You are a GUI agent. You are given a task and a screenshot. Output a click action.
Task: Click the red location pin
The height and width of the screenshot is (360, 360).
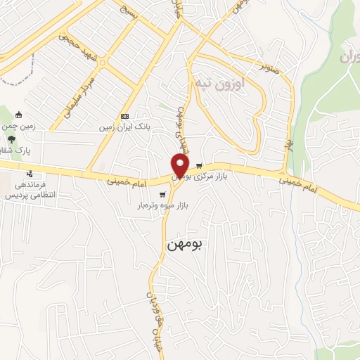click(181, 165)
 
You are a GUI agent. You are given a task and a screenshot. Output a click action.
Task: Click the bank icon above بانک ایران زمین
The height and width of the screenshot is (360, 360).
click(124, 116)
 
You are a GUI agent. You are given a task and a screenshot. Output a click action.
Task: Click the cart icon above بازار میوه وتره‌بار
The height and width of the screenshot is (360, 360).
click(163, 194)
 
